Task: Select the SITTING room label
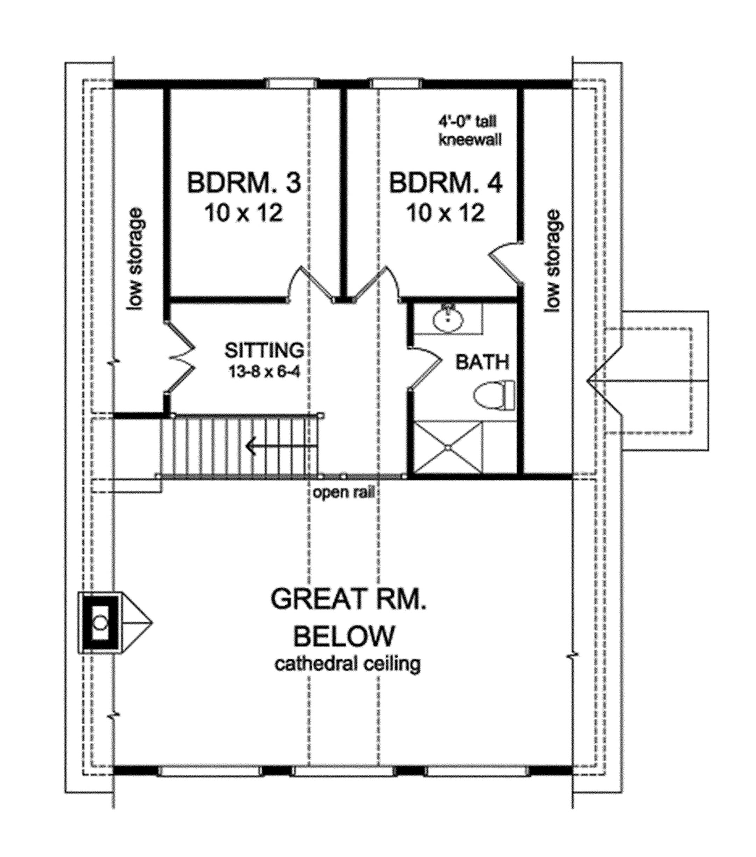click(264, 350)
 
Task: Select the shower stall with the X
click(448, 448)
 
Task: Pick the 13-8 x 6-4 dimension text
click(265, 371)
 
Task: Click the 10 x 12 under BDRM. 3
click(244, 213)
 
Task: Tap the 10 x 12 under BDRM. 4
click(446, 213)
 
